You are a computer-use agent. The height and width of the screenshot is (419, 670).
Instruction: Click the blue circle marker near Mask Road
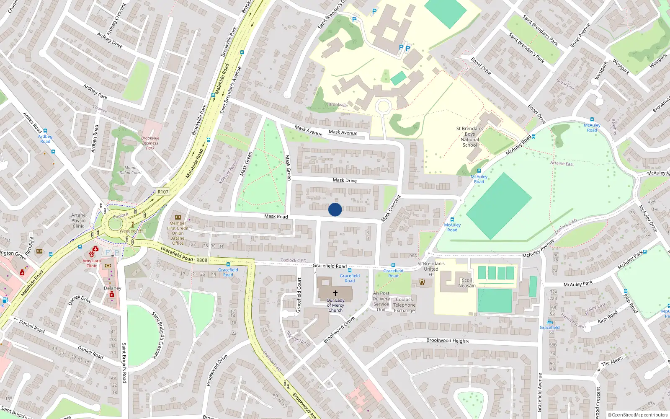tap(335, 209)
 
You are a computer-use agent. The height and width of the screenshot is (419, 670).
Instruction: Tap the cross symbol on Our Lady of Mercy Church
tap(335, 293)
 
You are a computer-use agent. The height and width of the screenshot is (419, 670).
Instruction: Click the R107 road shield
tap(163, 192)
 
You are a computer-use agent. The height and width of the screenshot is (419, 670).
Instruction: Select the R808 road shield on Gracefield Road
tap(202, 260)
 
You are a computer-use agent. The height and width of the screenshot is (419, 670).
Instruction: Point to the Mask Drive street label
tap(345, 180)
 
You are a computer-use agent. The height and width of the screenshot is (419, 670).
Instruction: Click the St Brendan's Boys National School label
tap(469, 137)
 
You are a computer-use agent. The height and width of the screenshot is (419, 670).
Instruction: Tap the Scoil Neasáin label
tap(466, 283)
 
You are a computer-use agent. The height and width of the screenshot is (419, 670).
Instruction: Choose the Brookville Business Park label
tap(150, 143)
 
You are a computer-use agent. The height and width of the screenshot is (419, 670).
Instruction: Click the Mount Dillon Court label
tap(131, 170)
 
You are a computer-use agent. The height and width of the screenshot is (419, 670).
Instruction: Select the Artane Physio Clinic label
tap(78, 220)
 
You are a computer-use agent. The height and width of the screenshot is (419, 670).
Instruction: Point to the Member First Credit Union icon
tap(178, 217)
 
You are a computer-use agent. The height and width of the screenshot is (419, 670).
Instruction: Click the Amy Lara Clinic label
tap(91, 263)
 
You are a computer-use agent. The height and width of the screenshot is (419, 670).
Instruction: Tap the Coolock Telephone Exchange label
tap(404, 305)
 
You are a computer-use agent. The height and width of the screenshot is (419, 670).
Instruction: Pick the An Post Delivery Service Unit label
tap(381, 302)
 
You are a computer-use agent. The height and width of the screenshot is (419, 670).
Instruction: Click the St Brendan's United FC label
tap(431, 269)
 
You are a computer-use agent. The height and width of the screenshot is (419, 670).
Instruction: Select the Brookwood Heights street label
tap(448, 341)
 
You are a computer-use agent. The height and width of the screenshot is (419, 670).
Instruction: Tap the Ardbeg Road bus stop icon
tap(45, 131)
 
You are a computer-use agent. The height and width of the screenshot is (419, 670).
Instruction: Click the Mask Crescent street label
tap(391, 208)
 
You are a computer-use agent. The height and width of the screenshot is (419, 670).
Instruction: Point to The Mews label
tap(612, 361)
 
